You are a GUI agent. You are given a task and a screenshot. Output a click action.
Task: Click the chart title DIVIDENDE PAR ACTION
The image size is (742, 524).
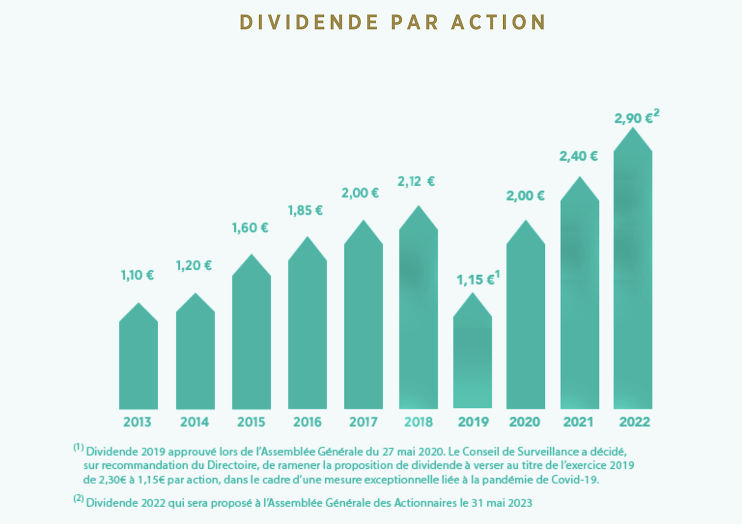coord(392,22)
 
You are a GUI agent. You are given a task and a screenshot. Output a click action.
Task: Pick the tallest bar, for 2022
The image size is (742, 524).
coord(632,279)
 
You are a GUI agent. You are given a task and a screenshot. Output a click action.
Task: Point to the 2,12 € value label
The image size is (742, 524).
coord(416,182)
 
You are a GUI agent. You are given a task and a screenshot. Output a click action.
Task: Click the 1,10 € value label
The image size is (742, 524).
coord(137,275)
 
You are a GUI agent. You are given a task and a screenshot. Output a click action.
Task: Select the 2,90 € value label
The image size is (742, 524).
coord(633,118)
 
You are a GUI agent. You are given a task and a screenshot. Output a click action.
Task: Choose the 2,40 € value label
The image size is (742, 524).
coord(578,156)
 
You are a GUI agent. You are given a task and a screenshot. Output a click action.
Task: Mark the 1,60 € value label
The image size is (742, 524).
coord(250,228)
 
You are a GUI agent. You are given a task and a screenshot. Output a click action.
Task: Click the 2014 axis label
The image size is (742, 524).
coord(195,422)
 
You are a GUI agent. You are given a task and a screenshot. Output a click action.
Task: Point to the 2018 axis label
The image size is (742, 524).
coord(417,422)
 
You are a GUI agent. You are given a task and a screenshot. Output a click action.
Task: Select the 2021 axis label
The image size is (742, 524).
coord(579,422)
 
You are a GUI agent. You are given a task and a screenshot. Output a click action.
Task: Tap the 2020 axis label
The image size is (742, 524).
coord(524,422)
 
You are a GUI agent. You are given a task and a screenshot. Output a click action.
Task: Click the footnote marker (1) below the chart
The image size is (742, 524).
coord(79,448)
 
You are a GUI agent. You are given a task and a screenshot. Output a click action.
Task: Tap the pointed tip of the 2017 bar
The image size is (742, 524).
coord(363,221)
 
